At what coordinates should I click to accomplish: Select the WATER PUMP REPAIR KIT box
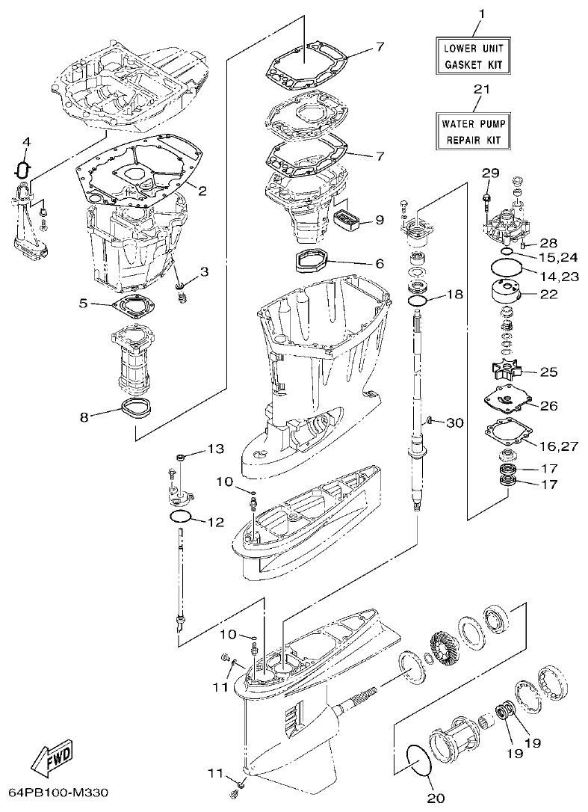(x=475, y=130)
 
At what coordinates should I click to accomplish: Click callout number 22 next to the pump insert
(x=549, y=294)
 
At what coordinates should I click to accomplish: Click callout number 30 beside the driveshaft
(x=455, y=422)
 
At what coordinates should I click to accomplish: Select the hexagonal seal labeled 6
(x=309, y=264)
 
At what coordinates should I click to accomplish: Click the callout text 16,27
(x=560, y=446)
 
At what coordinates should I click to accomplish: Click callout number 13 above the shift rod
(x=215, y=449)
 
